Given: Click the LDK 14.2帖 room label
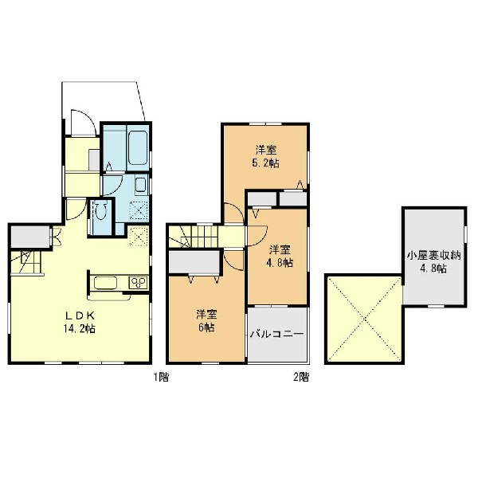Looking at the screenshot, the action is (x=79, y=322).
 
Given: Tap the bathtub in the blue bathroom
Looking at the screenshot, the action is (x=139, y=148).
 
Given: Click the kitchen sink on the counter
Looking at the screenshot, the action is (x=105, y=283).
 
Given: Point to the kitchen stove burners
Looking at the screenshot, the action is (x=138, y=283).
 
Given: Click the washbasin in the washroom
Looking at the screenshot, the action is (x=141, y=186).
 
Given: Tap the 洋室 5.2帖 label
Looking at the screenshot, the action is (x=265, y=157).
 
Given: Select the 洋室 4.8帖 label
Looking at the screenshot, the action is (x=280, y=257).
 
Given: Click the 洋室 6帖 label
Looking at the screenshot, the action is (x=206, y=321).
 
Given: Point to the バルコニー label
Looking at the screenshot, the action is (x=276, y=335).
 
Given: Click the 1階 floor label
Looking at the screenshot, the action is (x=161, y=377).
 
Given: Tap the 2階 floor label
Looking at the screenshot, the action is (x=301, y=377).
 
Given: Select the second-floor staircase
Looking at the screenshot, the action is (x=194, y=237).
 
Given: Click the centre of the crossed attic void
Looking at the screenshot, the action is (x=365, y=319).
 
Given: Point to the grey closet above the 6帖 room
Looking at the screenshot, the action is (x=194, y=262).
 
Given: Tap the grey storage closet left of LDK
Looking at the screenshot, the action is (x=30, y=237).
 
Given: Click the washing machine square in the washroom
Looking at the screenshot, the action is (x=139, y=210).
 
